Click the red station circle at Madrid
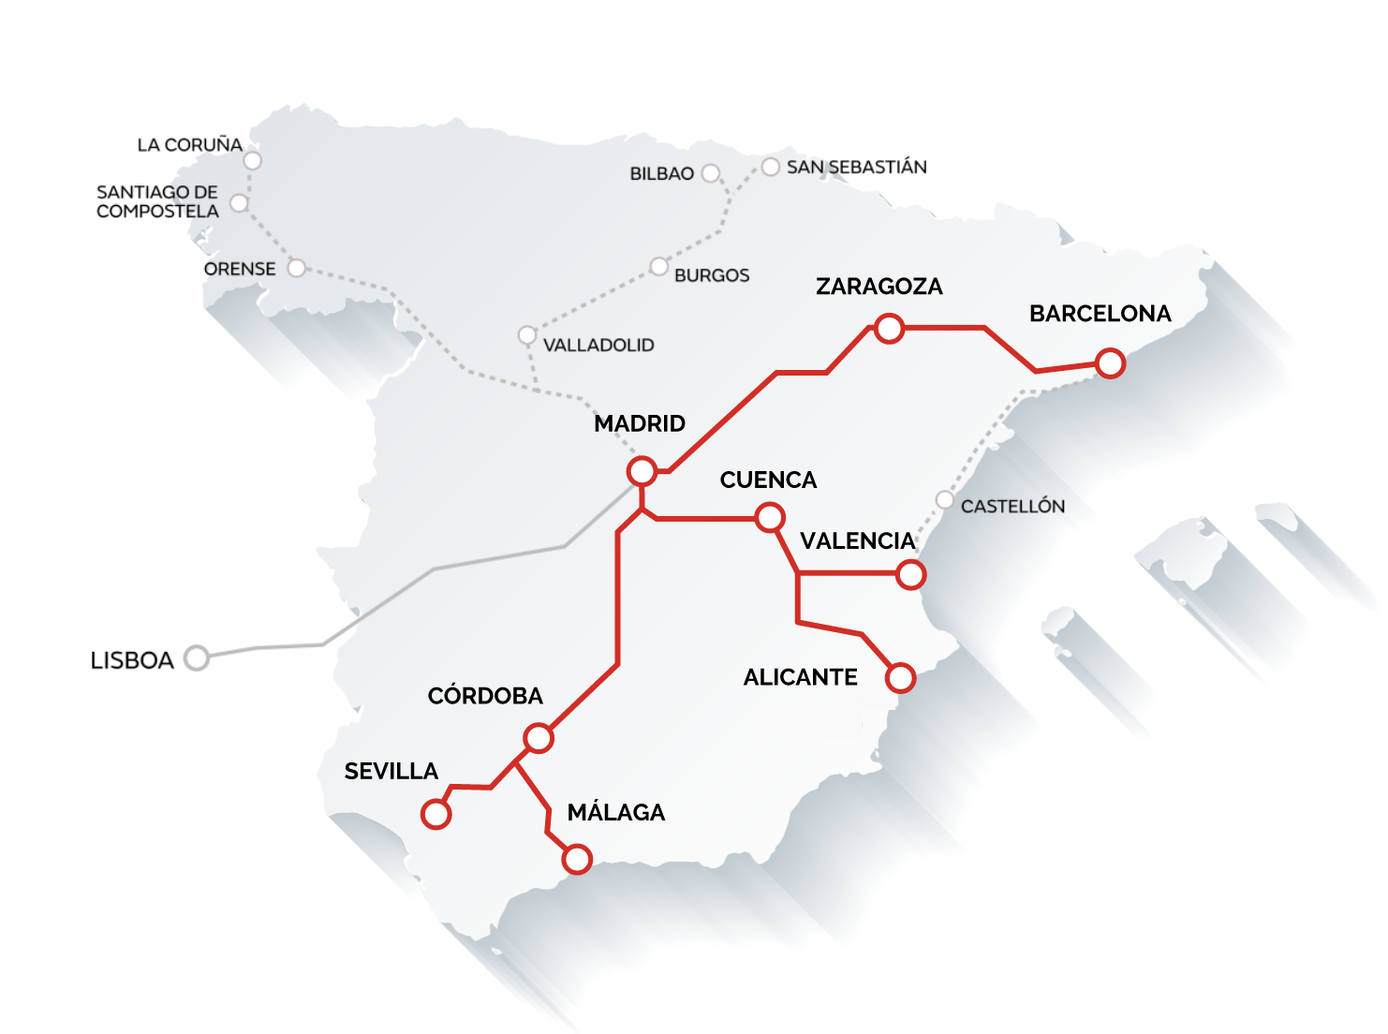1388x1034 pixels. pyautogui.click(x=642, y=470)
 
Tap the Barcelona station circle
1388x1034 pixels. pyautogui.click(x=1110, y=362)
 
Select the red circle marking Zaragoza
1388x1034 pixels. pyautogui.click(x=889, y=328)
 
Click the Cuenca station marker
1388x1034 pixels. pyautogui.click(x=770, y=517)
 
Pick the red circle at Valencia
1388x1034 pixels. pyautogui.click(x=910, y=574)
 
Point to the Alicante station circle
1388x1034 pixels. pyautogui.click(x=900, y=677)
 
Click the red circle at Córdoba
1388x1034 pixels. pyautogui.click(x=539, y=738)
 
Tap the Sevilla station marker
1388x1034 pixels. pyautogui.click(x=436, y=814)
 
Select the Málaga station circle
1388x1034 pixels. pyautogui.click(x=578, y=859)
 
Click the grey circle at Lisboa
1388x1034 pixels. pyautogui.click(x=197, y=658)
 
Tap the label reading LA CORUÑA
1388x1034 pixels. pyautogui.click(x=189, y=145)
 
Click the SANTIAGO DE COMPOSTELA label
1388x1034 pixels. pyautogui.click(x=157, y=201)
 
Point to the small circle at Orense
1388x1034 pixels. pyautogui.click(x=296, y=269)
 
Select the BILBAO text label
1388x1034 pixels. pyautogui.click(x=661, y=174)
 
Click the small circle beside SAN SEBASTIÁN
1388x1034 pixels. pyautogui.click(x=770, y=167)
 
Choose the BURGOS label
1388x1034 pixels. pyautogui.click(x=712, y=275)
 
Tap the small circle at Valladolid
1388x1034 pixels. pyautogui.click(x=526, y=335)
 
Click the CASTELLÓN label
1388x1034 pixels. pyautogui.click(x=1012, y=507)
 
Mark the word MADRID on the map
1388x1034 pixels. pyautogui.click(x=640, y=423)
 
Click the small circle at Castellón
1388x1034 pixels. pyautogui.click(x=945, y=499)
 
